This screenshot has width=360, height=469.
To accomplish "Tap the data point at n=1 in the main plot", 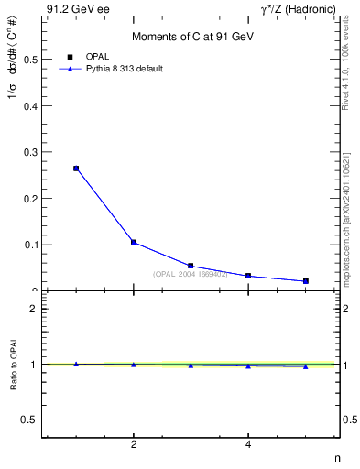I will [x=76, y=169].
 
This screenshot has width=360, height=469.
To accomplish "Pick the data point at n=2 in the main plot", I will [x=134, y=243].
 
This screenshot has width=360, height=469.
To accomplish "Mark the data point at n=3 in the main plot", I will [x=191, y=266].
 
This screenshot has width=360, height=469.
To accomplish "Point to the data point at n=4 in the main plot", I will [x=248, y=276].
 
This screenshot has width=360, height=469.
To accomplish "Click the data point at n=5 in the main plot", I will [x=305, y=281].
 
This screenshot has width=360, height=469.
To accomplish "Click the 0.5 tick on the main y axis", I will [x=30, y=60].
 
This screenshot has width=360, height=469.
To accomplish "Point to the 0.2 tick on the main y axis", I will [x=30, y=199].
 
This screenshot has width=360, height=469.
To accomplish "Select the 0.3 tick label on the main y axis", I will [x=30, y=152].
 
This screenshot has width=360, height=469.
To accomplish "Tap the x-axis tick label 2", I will [x=134, y=445].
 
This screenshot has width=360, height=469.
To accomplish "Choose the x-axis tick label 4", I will [x=248, y=445].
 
